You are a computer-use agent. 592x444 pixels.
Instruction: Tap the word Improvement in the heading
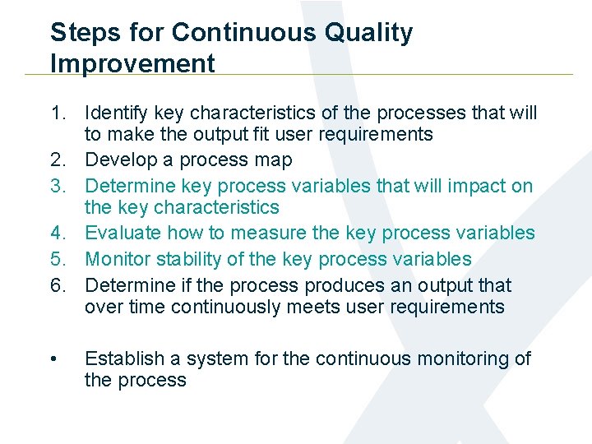[132, 63]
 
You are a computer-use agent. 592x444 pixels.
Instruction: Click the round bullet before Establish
[53, 359]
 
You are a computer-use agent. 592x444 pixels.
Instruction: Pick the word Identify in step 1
[114, 113]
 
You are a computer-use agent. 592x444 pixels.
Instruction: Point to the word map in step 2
[273, 160]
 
